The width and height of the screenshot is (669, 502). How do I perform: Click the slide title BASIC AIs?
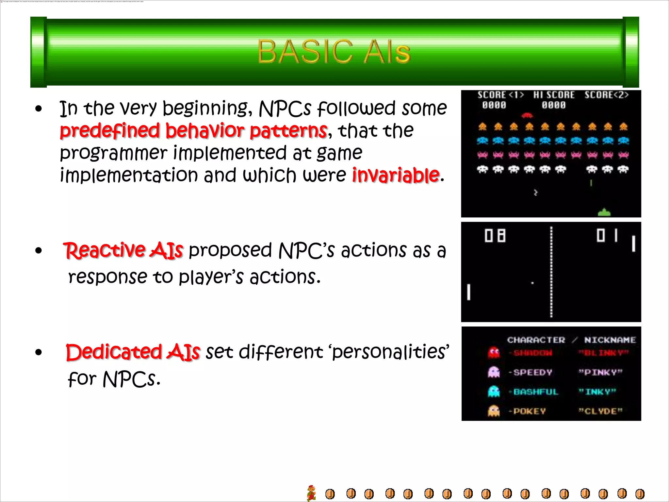point(334,52)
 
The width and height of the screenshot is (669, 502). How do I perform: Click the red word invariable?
point(396,175)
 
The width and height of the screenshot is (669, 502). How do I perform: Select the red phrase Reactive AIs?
point(123,251)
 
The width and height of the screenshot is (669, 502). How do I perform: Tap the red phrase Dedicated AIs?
point(133,352)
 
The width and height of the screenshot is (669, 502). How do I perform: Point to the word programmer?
point(113,153)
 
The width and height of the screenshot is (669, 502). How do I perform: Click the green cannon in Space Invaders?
point(604,212)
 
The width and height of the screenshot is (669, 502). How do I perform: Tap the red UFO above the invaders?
point(527,115)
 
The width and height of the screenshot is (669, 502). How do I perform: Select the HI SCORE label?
point(554,95)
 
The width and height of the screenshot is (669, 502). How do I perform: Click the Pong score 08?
point(495,236)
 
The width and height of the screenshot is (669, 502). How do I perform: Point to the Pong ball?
point(532,283)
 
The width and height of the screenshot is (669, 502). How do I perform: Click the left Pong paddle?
point(469,292)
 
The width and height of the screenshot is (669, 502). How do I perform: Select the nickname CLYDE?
point(600,411)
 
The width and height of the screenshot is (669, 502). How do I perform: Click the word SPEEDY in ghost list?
point(532,372)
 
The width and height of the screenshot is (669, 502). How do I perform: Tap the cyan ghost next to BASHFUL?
point(494,392)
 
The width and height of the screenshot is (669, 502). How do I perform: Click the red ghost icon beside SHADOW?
point(494,353)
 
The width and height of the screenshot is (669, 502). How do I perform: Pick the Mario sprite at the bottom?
point(312,493)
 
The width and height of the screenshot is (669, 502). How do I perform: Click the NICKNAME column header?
point(610,340)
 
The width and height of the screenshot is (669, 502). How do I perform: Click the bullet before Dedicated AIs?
point(39,352)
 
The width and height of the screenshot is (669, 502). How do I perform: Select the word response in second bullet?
point(108,277)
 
